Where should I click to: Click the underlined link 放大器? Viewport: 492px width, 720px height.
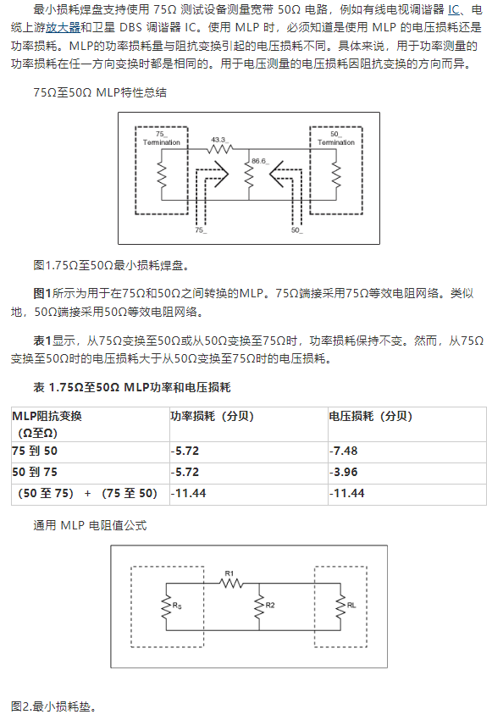pos(63,28)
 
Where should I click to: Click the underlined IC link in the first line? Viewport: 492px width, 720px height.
pos(453,9)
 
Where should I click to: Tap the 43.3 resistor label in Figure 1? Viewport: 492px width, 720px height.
pos(219,140)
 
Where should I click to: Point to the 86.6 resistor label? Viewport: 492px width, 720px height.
pos(260,161)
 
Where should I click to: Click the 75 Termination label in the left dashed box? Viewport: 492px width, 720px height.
pos(162,138)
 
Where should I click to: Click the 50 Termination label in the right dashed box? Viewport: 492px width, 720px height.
pos(336,138)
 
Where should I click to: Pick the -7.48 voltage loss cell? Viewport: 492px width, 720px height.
pos(343,451)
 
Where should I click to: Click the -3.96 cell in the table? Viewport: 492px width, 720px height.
pos(343,472)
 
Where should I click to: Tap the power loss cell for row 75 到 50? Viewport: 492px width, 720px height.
pos(185,451)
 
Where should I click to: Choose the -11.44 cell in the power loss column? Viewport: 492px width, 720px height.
pos(189,493)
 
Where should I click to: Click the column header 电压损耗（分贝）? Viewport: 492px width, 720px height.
pos(371,416)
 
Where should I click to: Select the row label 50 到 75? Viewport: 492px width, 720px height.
pos(35,472)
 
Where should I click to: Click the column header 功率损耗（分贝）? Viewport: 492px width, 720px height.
pos(212,416)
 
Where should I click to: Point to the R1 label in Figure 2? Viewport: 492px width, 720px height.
pos(229,573)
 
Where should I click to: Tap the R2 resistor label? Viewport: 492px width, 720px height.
pos(270,605)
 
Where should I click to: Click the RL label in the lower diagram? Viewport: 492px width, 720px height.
pos(351,605)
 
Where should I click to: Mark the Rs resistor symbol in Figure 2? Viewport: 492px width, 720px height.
pos(166,606)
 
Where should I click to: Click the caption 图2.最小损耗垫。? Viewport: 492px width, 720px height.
pos(53,706)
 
